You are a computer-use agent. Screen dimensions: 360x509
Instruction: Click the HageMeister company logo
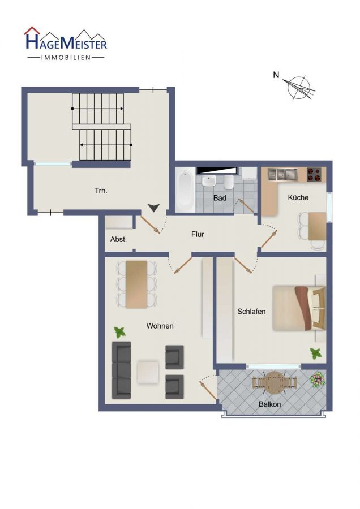(66, 44)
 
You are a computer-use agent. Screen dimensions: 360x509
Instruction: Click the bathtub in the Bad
(185, 189)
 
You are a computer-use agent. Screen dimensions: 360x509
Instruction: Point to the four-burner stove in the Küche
(314, 174)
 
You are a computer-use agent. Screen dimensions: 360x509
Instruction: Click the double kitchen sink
(282, 174)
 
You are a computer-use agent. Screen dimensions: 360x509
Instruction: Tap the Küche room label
(298, 197)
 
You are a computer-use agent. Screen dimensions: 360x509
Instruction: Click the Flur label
(198, 234)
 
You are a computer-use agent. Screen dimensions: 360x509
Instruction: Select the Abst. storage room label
(118, 240)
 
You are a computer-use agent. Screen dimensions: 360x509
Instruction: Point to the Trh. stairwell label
(101, 191)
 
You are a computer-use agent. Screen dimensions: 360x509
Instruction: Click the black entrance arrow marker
(154, 208)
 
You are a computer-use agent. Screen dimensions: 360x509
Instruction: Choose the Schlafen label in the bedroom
(251, 312)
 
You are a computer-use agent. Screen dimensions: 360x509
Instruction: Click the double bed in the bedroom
(299, 308)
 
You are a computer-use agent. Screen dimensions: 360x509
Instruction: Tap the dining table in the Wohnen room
(136, 284)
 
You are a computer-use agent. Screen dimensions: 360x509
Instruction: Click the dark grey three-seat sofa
(122, 370)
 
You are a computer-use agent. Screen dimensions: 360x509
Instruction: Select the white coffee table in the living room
(148, 372)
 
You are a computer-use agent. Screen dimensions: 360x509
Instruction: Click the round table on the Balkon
(275, 383)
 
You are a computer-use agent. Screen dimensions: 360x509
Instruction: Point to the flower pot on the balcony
(318, 379)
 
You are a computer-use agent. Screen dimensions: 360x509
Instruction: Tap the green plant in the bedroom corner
(315, 353)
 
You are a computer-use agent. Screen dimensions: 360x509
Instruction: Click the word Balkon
(269, 404)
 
